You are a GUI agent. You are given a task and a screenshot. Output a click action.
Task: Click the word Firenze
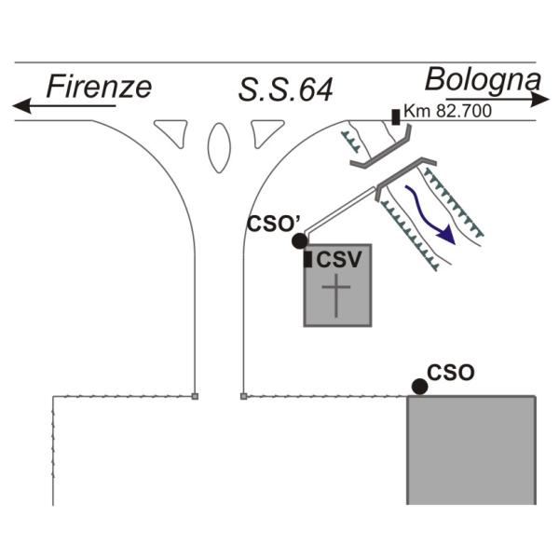pyautogui.click(x=99, y=87)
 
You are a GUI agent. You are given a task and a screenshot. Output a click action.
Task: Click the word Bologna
pyautogui.click(x=483, y=80)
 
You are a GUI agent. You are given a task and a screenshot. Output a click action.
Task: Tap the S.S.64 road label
pyautogui.click(x=286, y=89)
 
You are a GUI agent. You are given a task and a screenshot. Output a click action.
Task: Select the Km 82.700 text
pyautogui.click(x=448, y=111)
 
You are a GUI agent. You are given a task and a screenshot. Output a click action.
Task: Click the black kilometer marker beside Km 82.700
pyautogui.click(x=396, y=117)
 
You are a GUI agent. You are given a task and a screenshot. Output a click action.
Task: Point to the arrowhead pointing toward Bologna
pyautogui.click(x=539, y=99)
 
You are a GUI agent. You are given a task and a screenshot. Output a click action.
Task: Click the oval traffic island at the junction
pyautogui.click(x=219, y=148)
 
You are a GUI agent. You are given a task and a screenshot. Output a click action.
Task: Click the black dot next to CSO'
pyautogui.click(x=299, y=241)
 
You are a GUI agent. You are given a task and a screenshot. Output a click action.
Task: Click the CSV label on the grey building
pyautogui.click(x=339, y=260)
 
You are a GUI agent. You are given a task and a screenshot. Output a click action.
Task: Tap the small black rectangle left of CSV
pyautogui.click(x=307, y=259)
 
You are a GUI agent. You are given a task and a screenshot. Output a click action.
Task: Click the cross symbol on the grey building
pyautogui.click(x=336, y=295)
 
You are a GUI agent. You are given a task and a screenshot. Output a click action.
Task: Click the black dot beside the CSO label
pyautogui.click(x=419, y=387)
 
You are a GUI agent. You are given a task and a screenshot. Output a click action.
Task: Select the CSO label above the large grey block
pyautogui.click(x=451, y=373)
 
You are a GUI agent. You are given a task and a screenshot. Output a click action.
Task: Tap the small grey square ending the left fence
pyautogui.click(x=195, y=396)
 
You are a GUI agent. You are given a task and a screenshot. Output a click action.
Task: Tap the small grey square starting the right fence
pyautogui.click(x=244, y=396)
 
